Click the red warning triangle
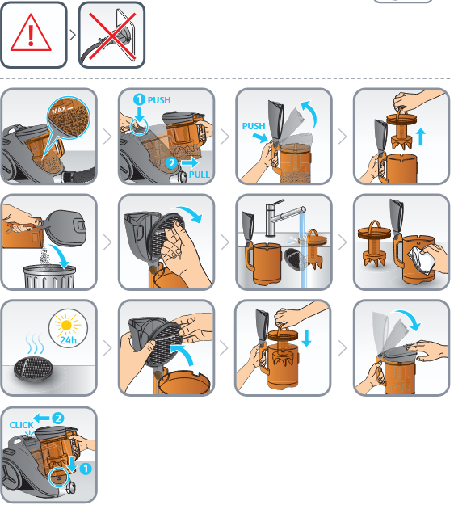pyautogui.click(x=31, y=33)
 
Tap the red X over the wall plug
pyautogui.click(x=112, y=36)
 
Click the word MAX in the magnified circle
pyautogui.click(x=59, y=111)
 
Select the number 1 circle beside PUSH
pyautogui.click(x=139, y=99)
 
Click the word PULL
pyautogui.click(x=200, y=175)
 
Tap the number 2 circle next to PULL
pyautogui.click(x=171, y=162)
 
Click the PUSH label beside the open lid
pyautogui.click(x=254, y=126)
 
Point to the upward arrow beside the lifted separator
pyautogui.click(x=421, y=137)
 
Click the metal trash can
pyautogui.click(x=49, y=276)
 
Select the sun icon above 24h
pyautogui.click(x=67, y=326)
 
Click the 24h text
pyautogui.click(x=68, y=340)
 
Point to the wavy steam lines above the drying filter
pyautogui.click(x=35, y=343)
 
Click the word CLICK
pyautogui.click(x=21, y=425)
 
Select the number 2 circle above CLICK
pyautogui.click(x=58, y=418)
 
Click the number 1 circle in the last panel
pyautogui.click(x=86, y=469)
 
